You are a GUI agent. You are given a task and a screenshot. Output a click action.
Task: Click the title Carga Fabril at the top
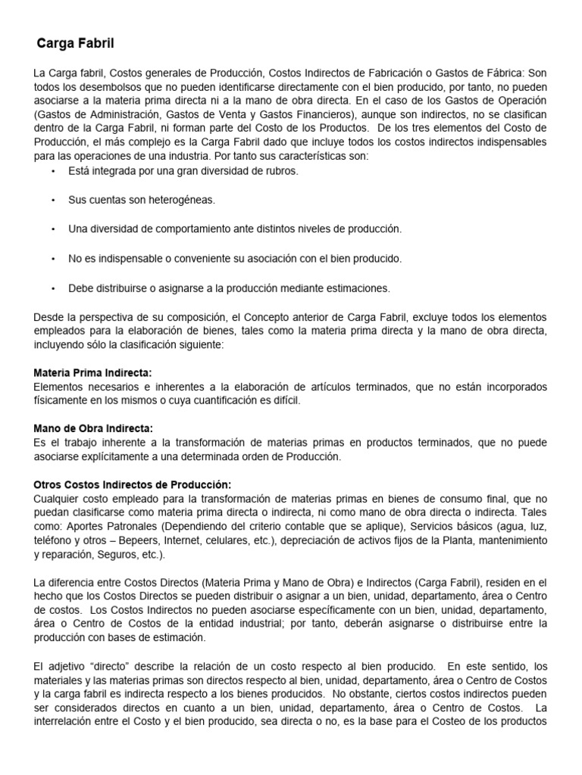tap(76, 45)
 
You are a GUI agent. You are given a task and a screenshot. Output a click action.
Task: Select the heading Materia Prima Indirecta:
tap(92, 373)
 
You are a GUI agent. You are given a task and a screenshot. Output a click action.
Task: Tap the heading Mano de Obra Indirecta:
tap(93, 428)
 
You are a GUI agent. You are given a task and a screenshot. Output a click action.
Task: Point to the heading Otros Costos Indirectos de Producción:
tap(133, 484)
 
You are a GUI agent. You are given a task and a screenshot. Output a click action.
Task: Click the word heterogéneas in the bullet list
tap(179, 200)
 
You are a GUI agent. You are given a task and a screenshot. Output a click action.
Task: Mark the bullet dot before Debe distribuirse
tap(54, 288)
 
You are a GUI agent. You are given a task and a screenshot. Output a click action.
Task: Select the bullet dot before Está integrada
tap(54, 171)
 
